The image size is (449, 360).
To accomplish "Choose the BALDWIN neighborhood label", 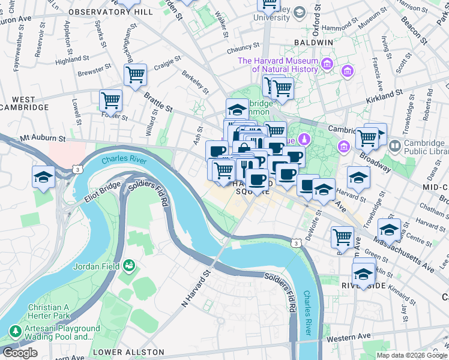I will tap(313, 43).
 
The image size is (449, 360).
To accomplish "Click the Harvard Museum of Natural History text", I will tap(277, 65).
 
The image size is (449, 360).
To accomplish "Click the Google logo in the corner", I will tap(20, 353).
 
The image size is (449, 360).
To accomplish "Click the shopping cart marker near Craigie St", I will tap(136, 75).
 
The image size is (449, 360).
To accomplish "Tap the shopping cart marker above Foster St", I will tap(110, 100).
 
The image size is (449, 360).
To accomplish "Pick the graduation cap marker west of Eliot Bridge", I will tap(44, 176).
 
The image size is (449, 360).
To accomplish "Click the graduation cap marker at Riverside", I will tap(363, 274).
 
